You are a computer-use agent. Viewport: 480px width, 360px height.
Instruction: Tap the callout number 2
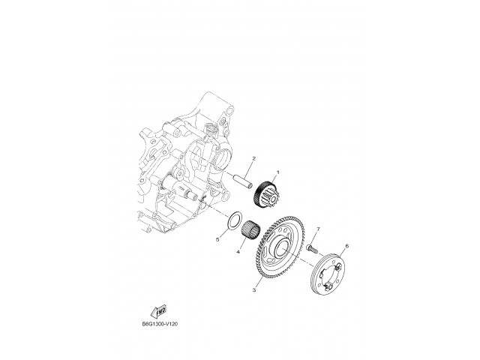[x=254, y=158]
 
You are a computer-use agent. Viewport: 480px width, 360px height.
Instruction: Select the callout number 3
[x=254, y=289]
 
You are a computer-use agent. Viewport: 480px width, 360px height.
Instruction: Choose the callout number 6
[x=346, y=245]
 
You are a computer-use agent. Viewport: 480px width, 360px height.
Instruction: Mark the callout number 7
[x=317, y=229]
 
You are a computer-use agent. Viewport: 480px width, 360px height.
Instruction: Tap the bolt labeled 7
[x=311, y=246]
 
